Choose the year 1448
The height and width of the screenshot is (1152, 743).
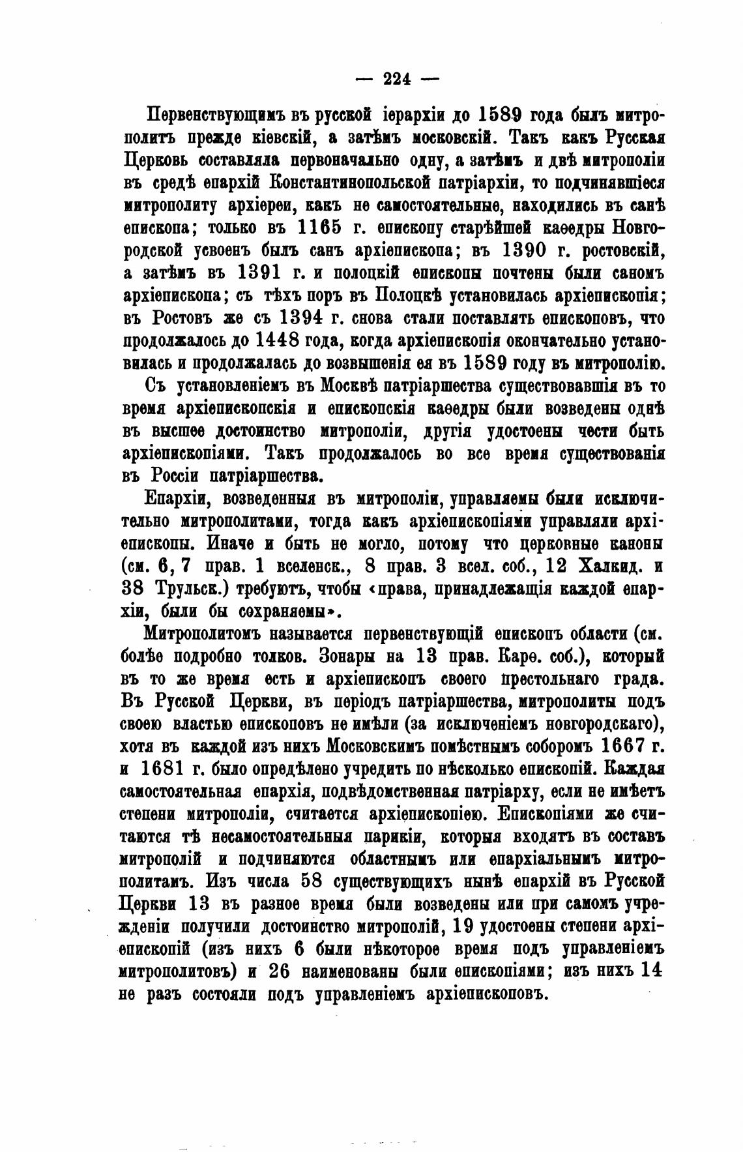284,340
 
